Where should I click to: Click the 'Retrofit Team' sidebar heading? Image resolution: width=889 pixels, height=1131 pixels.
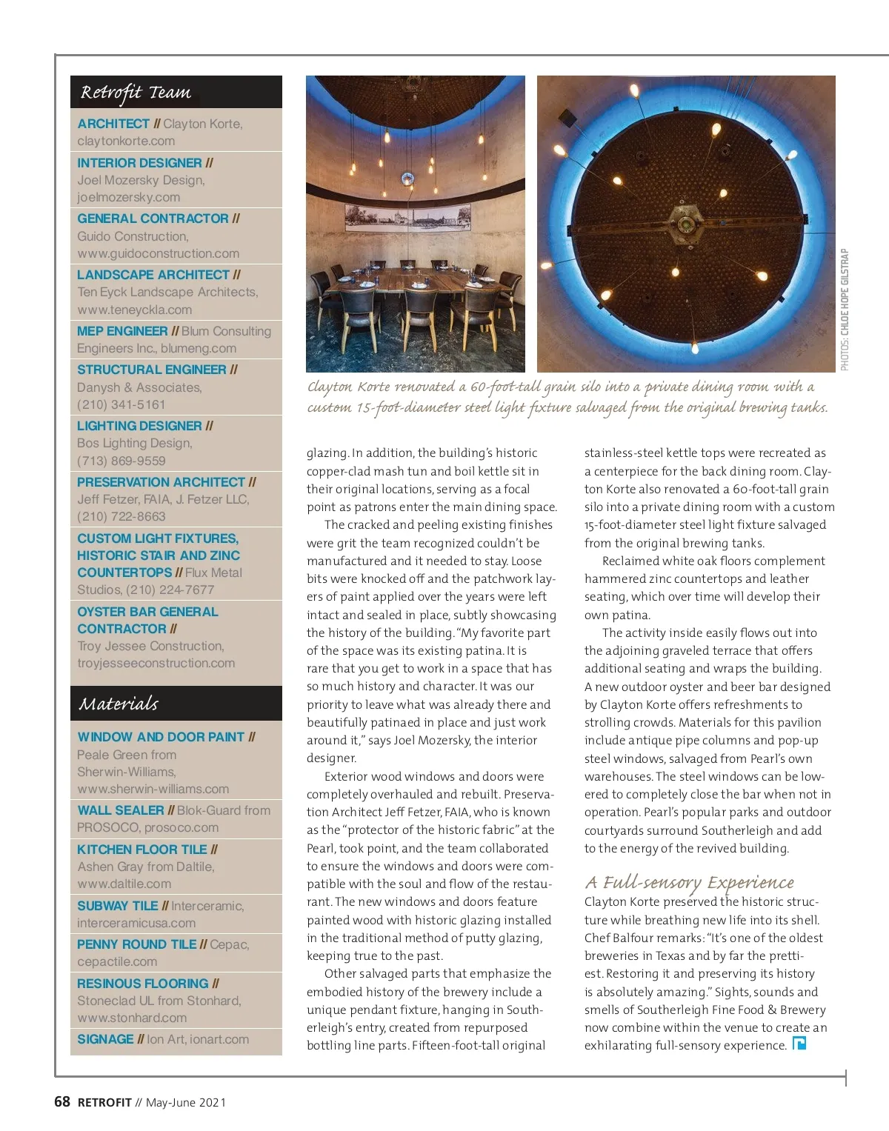coord(136,93)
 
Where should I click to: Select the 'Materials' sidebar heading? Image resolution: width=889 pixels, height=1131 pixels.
coord(119,704)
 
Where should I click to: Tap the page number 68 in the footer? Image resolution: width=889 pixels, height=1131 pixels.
coord(62,1102)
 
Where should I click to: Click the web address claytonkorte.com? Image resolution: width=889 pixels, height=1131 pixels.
coord(126,141)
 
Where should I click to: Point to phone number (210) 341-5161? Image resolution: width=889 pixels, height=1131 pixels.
coord(121,404)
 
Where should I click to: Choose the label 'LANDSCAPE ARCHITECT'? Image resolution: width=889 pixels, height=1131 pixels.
coord(153,275)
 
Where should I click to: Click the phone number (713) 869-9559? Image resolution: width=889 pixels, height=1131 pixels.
coord(121,461)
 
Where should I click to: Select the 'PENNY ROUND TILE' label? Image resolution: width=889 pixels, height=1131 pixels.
coord(137,944)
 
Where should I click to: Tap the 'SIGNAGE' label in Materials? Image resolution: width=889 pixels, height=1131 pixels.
coord(106,1039)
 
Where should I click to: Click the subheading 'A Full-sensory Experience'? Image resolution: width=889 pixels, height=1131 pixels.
coord(689,882)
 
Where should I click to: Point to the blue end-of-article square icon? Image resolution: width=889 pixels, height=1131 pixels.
coord(799,1044)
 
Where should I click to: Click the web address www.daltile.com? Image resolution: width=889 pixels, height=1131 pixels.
coord(124,884)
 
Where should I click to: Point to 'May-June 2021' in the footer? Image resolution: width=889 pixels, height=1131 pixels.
coord(186,1103)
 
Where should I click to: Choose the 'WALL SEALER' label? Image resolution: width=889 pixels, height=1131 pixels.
coord(121,810)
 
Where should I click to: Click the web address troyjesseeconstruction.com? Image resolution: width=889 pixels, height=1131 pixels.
coord(156,663)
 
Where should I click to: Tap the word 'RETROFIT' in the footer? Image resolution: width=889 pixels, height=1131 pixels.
coord(104,1103)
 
